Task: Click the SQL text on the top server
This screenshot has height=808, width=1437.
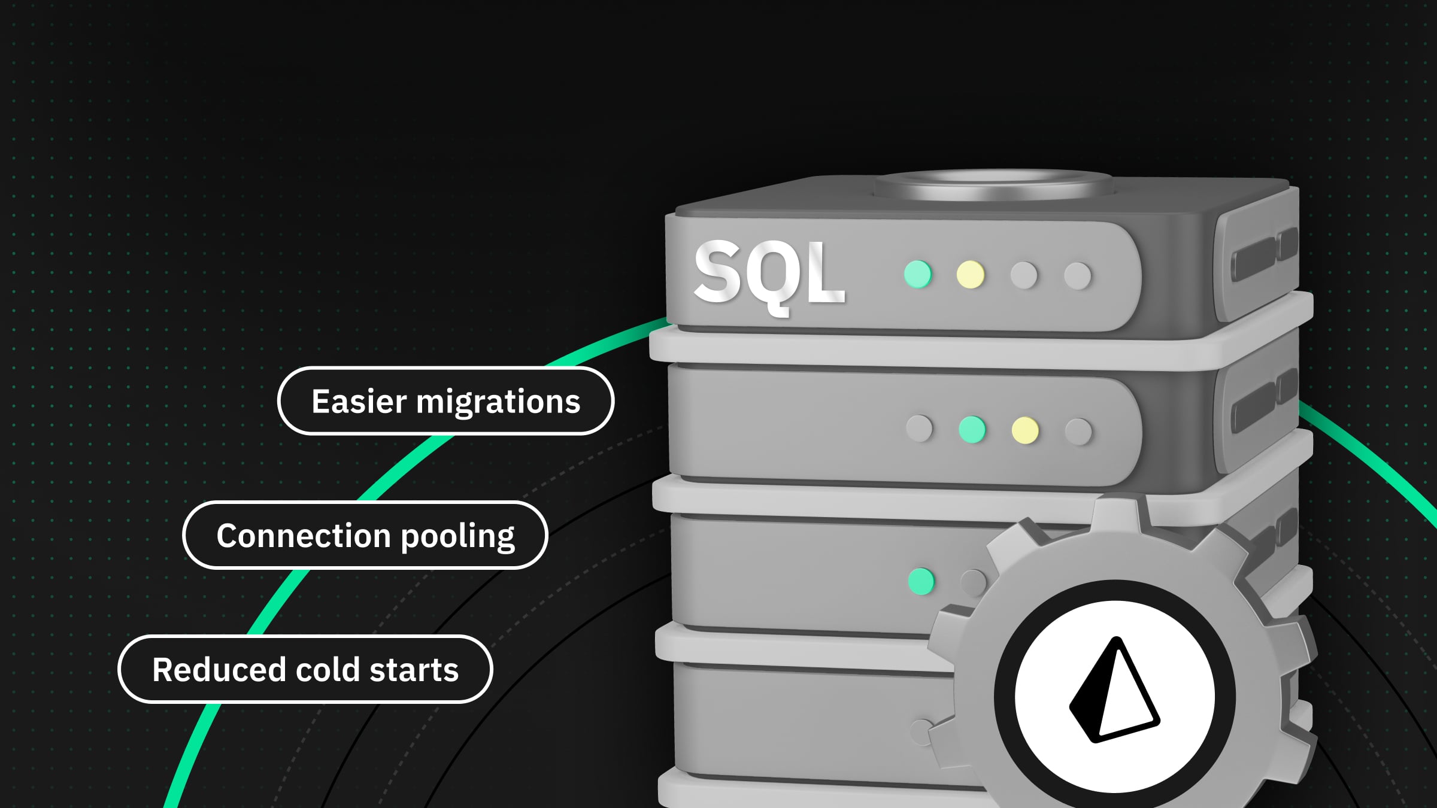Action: (769, 274)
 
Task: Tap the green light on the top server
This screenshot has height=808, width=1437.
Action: (918, 275)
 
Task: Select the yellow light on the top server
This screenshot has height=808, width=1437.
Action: (970, 275)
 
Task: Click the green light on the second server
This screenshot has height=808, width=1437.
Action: (972, 429)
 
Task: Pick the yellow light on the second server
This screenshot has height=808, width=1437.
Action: (1024, 430)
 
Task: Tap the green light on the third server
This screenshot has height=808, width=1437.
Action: (921, 581)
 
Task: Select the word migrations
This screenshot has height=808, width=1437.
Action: (498, 402)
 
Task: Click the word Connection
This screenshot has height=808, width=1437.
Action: (304, 536)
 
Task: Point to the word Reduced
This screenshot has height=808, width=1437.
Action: (219, 670)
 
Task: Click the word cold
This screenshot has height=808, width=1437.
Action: (328, 670)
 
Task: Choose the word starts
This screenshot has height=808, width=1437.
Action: (414, 670)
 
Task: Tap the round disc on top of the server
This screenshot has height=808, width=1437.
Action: (993, 184)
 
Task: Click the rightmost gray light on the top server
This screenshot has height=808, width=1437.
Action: (1078, 276)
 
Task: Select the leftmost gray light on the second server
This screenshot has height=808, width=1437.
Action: (919, 429)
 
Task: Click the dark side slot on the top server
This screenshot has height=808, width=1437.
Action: (1254, 259)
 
